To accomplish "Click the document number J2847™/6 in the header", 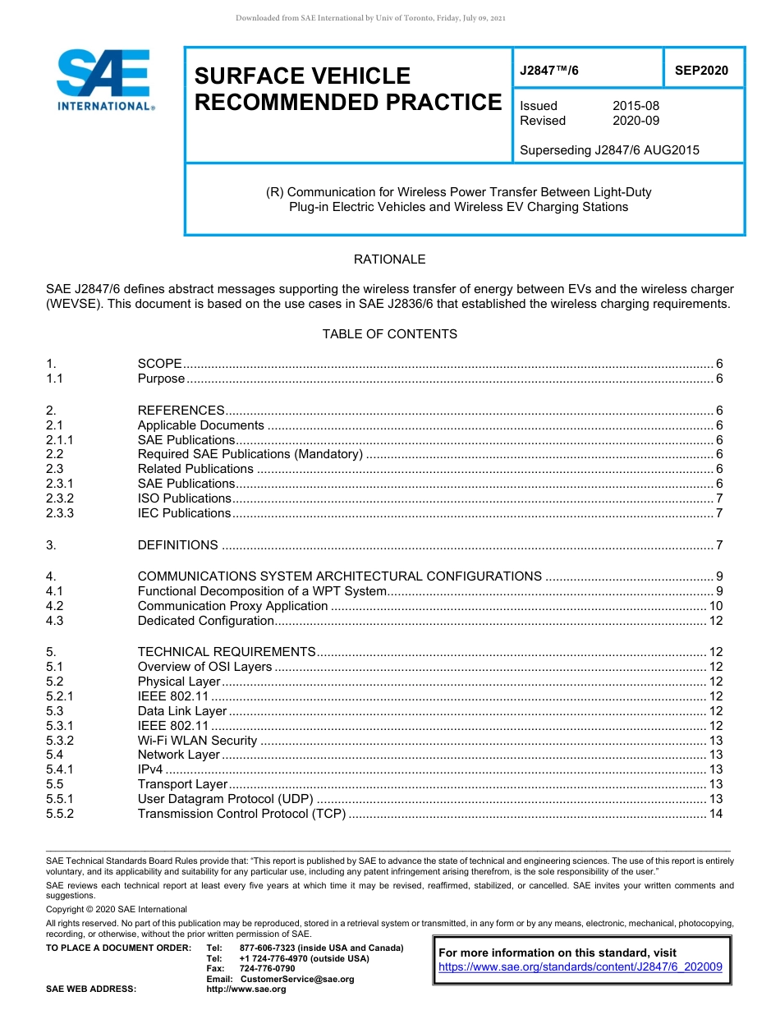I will [549, 71].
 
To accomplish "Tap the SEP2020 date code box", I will [701, 71].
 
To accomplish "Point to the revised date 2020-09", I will [635, 121].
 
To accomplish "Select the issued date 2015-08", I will [635, 106].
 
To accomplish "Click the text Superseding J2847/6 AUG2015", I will [609, 150].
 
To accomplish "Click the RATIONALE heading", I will [389, 259].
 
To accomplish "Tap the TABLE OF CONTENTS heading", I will [389, 334].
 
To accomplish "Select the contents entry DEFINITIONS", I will [177, 545].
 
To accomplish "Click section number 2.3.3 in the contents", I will [60, 513].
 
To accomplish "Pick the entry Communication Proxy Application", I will [232, 606].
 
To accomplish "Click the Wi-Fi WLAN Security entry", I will [197, 741].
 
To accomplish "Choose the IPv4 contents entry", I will [150, 769].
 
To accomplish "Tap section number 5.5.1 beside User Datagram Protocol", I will [60, 799].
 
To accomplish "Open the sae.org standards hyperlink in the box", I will [580, 967].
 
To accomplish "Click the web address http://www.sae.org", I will [246, 989].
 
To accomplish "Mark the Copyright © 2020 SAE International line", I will [117, 909].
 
